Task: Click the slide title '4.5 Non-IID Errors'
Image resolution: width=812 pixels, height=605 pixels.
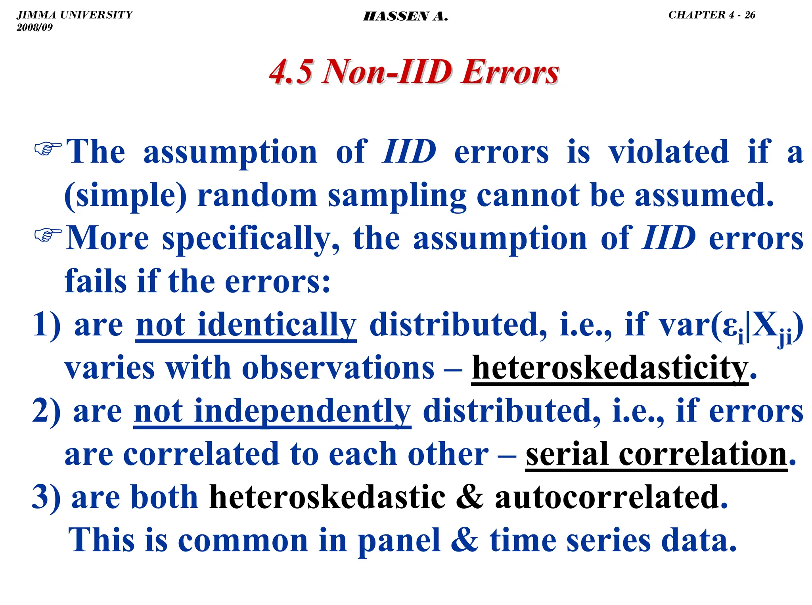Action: [414, 72]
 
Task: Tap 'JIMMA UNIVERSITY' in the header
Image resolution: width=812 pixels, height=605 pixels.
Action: [75, 15]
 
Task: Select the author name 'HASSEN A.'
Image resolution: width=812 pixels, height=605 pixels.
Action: [406, 17]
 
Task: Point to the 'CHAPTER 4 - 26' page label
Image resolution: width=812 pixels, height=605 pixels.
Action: [712, 15]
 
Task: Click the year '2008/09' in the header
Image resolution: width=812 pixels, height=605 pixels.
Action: [34, 27]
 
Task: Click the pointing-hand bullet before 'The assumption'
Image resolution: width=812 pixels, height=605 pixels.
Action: [48, 149]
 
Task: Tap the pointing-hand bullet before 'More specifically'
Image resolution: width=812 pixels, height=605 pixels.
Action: [48, 235]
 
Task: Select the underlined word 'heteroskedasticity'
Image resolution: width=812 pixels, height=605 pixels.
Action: [610, 368]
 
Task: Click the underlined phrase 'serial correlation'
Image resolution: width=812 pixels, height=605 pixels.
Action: [656, 454]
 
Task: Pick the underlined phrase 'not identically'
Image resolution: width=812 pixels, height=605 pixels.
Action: [246, 325]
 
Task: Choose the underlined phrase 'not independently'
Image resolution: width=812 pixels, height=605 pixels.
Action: [272, 412]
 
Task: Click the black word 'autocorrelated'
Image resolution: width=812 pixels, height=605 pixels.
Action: [607, 497]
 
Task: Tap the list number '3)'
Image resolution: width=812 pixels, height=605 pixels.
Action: [46, 497]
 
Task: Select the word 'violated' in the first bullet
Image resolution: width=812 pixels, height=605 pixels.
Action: [668, 152]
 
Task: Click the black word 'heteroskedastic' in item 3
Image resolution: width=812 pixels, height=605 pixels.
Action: [327, 497]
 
